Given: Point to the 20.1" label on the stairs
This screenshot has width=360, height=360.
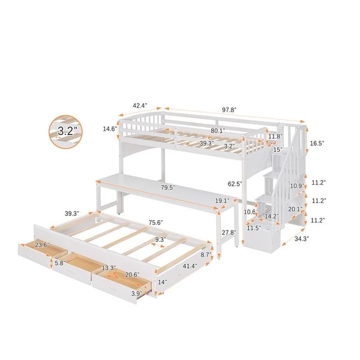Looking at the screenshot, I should (295, 209).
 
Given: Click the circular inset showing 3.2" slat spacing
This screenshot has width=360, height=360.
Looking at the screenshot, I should (65, 130).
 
